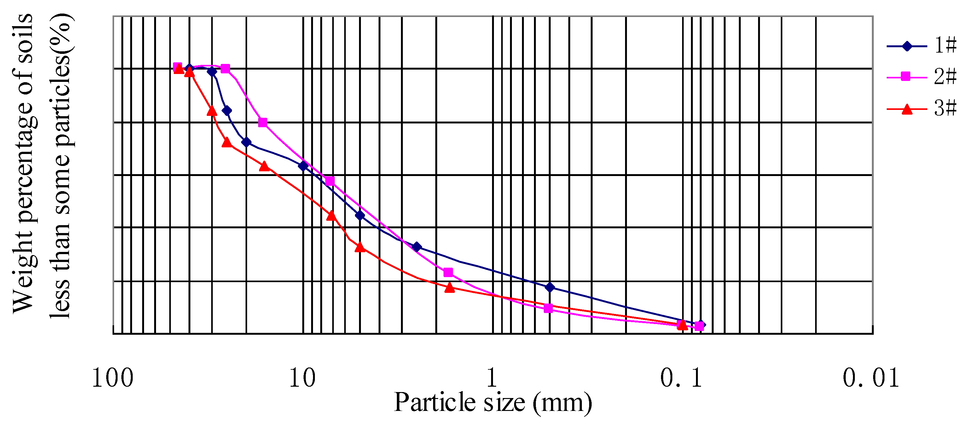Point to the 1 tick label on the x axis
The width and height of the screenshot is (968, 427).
[x=492, y=378]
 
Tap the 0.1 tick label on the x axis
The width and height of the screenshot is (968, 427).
[x=681, y=378]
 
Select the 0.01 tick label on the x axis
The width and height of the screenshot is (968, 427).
[x=871, y=378]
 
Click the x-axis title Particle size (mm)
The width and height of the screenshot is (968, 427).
[x=493, y=402]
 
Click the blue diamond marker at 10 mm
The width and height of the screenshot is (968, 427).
[x=303, y=166]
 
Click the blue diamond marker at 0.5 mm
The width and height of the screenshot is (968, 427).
[x=550, y=287]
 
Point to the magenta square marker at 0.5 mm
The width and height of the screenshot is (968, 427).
[x=548, y=308]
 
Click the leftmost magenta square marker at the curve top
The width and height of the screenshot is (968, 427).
[x=177, y=67]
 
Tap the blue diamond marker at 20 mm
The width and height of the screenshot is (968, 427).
[x=246, y=142]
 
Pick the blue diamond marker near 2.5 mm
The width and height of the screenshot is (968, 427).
[x=416, y=247]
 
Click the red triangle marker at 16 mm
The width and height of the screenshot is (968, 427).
[x=264, y=166]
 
